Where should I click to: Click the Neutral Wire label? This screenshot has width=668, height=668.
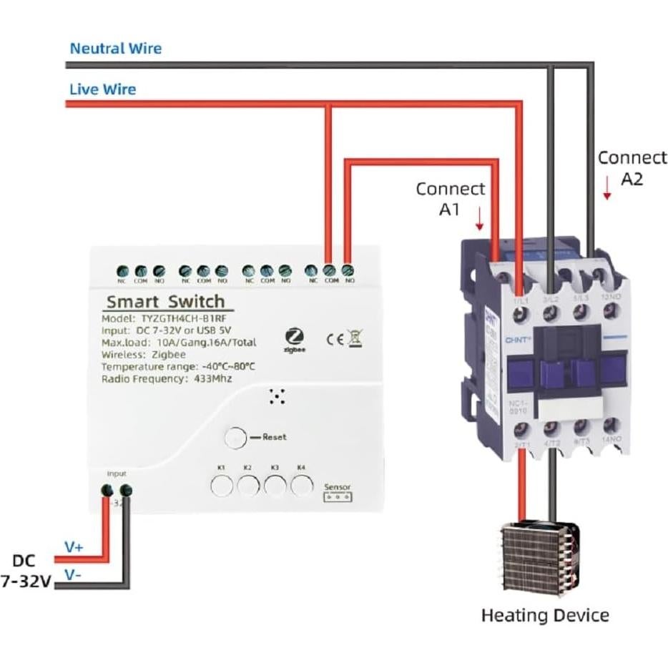[x=115, y=49]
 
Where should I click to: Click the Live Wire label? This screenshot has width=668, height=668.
[x=102, y=89]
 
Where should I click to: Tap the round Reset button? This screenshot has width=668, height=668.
[x=235, y=437]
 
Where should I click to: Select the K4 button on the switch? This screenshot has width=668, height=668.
[x=302, y=486]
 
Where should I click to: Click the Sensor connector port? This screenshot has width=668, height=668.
[x=338, y=497]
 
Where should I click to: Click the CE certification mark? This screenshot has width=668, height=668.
[x=335, y=340]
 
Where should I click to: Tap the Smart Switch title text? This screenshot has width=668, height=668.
[x=165, y=301]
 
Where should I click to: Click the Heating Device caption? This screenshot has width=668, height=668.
[x=544, y=615]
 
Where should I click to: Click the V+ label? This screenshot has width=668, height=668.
[x=74, y=546]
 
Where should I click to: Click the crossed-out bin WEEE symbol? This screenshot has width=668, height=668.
[x=355, y=339]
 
